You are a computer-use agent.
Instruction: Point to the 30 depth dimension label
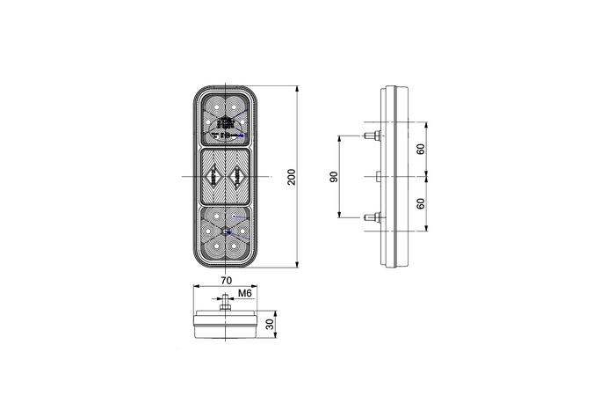tap(270, 325)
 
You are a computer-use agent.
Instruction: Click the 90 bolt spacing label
tap(333, 177)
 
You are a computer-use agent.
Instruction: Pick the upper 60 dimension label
tap(421, 150)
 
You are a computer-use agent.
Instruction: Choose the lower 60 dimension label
tap(421, 203)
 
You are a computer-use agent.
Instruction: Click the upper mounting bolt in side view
tap(373, 136)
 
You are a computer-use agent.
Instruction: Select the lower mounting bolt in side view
tap(373, 217)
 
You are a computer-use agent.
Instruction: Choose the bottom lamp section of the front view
tap(225, 233)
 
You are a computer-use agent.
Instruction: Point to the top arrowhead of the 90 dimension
tap(339, 139)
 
